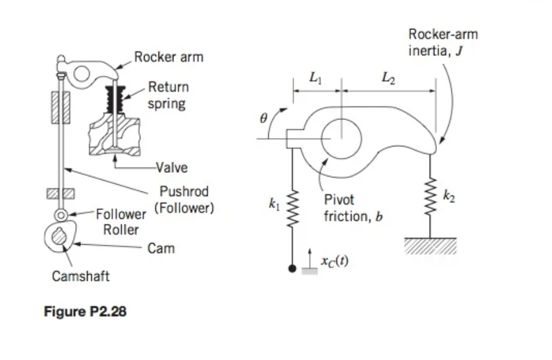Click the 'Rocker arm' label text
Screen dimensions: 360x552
pos(169,58)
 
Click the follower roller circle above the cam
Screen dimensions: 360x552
pos(61,214)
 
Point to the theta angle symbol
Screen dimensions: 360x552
pos(262,119)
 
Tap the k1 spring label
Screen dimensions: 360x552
pos(275,205)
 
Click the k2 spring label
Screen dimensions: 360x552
pos(448,196)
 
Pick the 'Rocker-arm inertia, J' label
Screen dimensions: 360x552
pos(443,42)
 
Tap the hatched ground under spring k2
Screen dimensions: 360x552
pos(430,245)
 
